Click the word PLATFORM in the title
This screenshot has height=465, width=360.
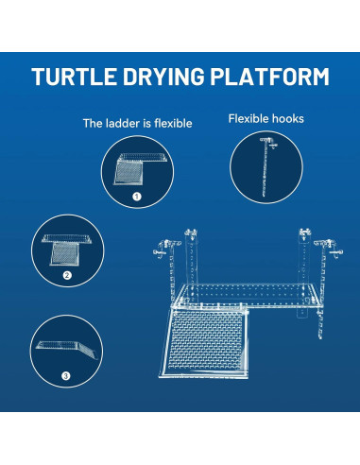pyautogui.click(x=276, y=77)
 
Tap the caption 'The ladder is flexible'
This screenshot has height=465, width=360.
pyautogui.click(x=137, y=123)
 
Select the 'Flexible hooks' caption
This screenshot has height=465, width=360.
pyautogui.click(x=266, y=119)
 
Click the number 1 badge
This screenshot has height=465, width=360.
pyautogui.click(x=137, y=198)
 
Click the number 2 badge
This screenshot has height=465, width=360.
pyautogui.click(x=68, y=276)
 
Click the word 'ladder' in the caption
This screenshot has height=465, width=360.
pyautogui.click(x=125, y=123)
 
